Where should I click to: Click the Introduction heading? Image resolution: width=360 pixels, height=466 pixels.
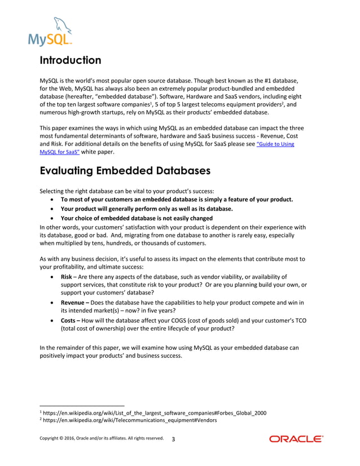click(70, 60)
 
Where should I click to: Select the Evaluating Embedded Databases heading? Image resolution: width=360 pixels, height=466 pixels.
click(124, 170)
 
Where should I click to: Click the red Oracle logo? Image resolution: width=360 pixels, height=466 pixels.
click(296, 439)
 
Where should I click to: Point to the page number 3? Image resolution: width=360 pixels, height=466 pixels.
click(173, 439)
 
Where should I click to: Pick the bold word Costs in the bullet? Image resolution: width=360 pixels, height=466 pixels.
click(69, 320)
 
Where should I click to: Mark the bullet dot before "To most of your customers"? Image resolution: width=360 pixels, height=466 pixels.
click(53, 200)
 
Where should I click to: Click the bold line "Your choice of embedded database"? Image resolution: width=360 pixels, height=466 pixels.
click(137, 218)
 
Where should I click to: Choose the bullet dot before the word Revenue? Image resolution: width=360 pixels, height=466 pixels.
click(53, 303)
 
